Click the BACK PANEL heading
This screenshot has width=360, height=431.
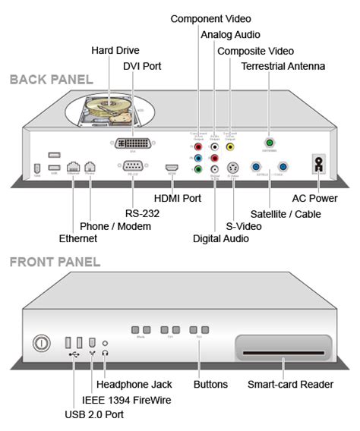click(x=51, y=79)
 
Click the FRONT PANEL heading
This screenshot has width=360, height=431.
click(x=55, y=262)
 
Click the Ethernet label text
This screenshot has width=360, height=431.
click(x=78, y=238)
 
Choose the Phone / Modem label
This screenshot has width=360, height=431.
click(x=115, y=225)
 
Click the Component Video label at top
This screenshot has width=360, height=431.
click(x=210, y=17)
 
